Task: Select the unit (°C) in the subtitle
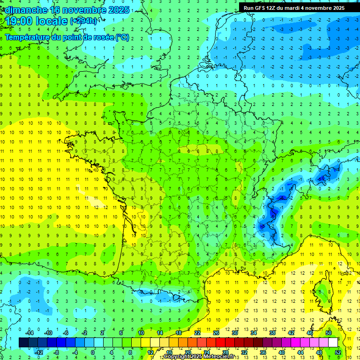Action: pos(122,37)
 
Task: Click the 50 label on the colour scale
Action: pos(328,333)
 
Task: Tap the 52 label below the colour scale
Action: pos(338,352)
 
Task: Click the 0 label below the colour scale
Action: pos(93,352)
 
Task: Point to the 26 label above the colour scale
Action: pos(216,333)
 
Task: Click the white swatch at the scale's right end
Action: pos(333,343)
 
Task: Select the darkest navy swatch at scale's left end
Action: pos(23,343)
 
